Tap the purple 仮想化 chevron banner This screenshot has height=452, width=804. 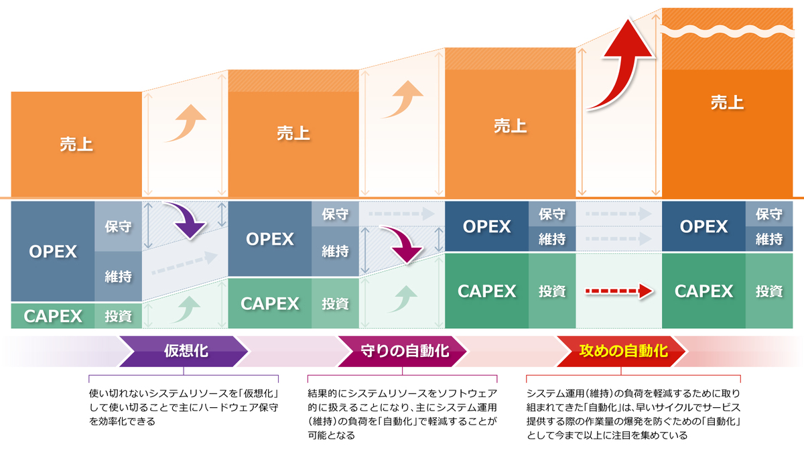(x=184, y=351)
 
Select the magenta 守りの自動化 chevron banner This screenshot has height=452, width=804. (x=402, y=351)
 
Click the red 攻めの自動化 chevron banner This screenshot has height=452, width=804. (x=622, y=351)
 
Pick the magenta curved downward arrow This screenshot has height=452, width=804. (x=404, y=244)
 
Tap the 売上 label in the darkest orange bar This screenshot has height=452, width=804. (x=727, y=102)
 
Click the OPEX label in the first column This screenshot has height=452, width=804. (x=53, y=252)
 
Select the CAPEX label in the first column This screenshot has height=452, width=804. (x=53, y=316)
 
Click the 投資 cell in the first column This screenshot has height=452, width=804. (x=118, y=316)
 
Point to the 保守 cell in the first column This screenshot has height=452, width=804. (x=118, y=226)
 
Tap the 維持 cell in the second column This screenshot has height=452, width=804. (x=335, y=252)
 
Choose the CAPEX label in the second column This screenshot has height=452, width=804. (x=270, y=304)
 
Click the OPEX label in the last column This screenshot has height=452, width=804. (x=703, y=226)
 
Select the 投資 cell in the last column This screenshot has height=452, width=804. (x=769, y=291)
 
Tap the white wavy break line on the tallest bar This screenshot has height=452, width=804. (x=727, y=31)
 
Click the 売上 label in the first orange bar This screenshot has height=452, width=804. (x=76, y=144)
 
